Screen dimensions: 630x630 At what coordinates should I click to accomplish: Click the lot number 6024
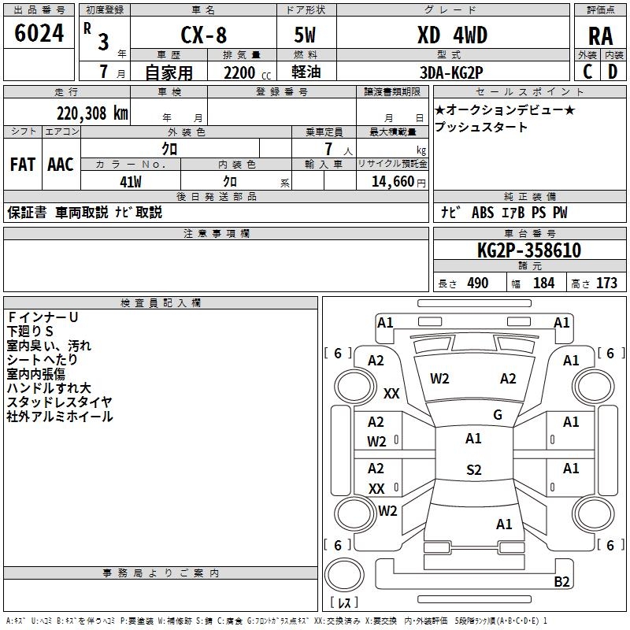39,34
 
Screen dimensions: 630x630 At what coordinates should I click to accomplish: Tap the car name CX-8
202,35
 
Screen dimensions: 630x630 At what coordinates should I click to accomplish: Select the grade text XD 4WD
452,35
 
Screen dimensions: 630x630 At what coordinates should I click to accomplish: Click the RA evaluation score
600,36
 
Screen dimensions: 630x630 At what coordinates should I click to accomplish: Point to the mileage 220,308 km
92,113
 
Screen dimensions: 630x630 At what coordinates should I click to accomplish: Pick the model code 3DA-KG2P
451,72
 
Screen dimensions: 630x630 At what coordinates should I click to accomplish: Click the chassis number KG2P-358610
529,250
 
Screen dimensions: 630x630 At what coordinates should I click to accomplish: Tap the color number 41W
131,182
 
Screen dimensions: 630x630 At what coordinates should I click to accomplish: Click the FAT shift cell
22,165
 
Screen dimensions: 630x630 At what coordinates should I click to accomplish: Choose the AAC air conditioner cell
61,165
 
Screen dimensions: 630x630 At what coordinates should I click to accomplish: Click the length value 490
478,283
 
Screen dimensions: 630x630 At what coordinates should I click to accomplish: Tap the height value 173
606,283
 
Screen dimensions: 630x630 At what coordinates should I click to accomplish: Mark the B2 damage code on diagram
561,582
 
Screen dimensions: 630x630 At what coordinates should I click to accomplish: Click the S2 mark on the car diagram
473,470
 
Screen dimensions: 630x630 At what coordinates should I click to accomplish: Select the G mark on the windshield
498,415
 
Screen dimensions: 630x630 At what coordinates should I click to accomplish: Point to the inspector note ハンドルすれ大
49,388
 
